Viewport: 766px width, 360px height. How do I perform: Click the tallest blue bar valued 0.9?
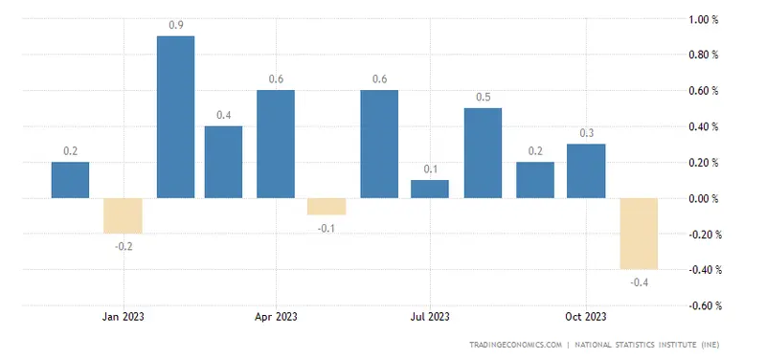[x=175, y=117]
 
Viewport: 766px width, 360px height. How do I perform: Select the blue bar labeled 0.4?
[x=223, y=162]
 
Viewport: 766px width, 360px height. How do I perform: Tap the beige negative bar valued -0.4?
[x=638, y=234]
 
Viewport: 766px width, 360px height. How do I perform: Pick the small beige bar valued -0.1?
[x=327, y=207]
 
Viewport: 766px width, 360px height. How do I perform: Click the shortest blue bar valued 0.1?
[x=430, y=189]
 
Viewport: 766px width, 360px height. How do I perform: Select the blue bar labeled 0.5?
[x=483, y=153]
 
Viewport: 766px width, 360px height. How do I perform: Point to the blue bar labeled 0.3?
[x=586, y=170]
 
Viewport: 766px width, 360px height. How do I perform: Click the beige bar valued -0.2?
[x=123, y=215]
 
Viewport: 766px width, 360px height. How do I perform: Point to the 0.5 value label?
[x=483, y=98]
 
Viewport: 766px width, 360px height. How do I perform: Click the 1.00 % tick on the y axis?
[x=705, y=19]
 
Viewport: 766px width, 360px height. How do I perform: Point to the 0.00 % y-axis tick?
[x=705, y=199]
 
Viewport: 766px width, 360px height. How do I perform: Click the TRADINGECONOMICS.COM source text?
[x=515, y=344]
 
